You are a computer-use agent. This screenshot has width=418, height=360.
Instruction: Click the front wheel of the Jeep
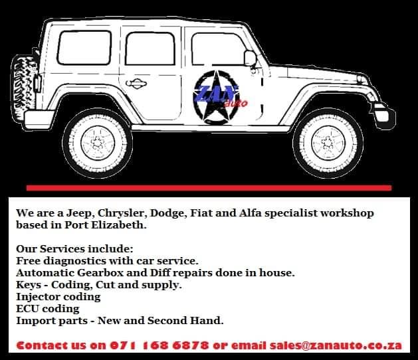tap(328, 143)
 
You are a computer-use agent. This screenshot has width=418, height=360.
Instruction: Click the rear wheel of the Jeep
tap(98, 143)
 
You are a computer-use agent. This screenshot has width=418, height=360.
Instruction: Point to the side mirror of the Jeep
tap(251, 58)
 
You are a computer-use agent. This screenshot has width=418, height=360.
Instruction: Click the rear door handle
tap(136, 84)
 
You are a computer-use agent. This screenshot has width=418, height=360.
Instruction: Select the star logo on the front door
tap(217, 97)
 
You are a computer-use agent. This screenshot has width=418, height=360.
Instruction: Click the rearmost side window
tap(84, 48)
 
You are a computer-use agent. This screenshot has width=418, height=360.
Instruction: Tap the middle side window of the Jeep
tap(150, 48)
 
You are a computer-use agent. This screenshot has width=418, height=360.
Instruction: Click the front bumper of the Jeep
tap(384, 116)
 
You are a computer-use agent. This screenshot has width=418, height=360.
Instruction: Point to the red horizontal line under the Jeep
tap(209, 188)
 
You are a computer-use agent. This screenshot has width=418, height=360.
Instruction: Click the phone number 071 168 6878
tap(159, 345)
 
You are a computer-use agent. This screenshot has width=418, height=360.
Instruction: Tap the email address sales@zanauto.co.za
tap(336, 345)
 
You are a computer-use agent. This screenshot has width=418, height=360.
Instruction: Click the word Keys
tap(29, 285)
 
